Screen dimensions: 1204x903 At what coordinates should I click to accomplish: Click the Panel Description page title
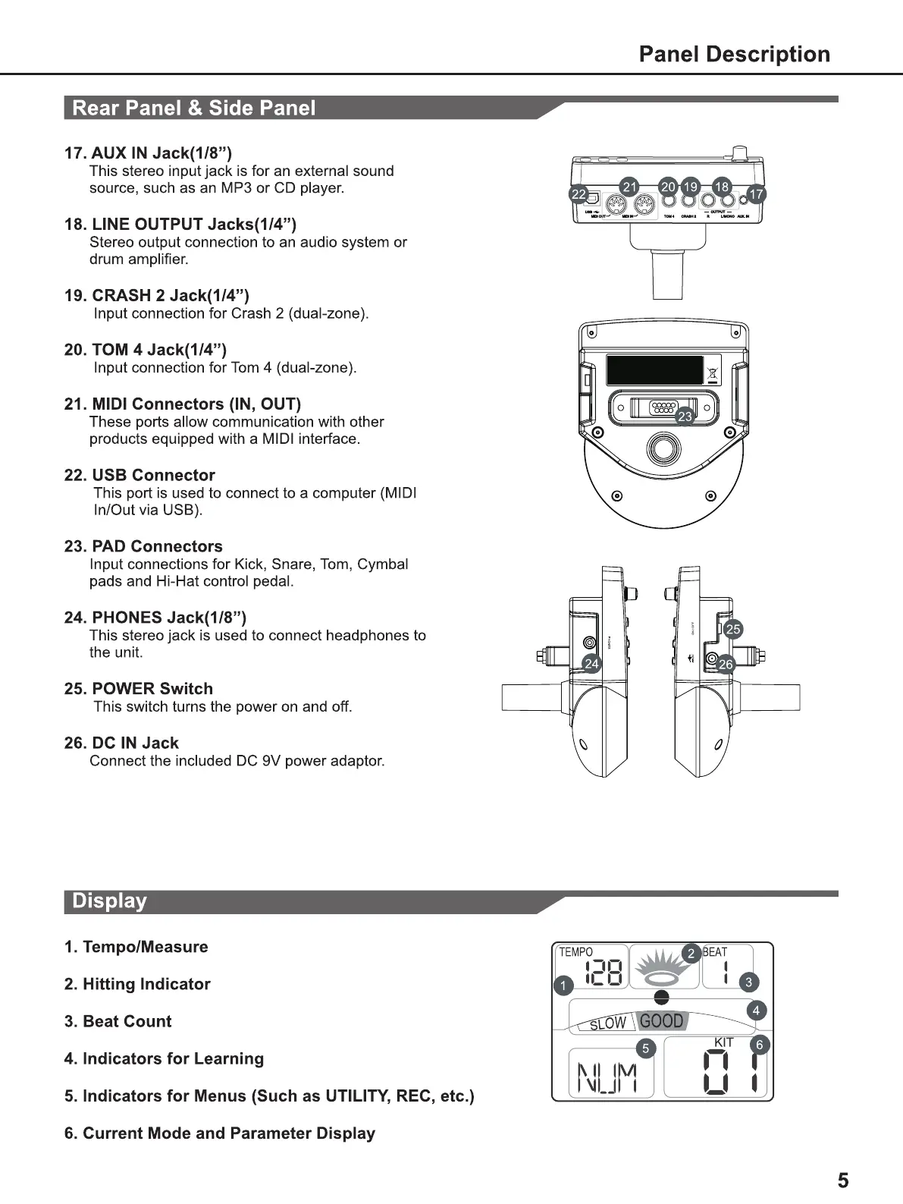coord(734,54)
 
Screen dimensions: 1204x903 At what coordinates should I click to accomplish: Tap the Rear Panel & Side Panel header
coord(193,108)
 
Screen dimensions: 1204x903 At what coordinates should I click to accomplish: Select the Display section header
coord(109,901)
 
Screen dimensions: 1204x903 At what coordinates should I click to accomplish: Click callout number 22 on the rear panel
coord(578,195)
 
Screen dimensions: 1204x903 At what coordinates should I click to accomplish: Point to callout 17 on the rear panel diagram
coord(756,195)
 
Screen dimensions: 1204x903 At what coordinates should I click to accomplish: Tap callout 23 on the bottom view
coord(685,417)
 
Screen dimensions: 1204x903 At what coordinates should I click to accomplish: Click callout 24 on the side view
coord(591,664)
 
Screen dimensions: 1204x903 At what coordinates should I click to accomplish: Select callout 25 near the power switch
coord(732,629)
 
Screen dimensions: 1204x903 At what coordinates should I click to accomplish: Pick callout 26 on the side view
coord(726,665)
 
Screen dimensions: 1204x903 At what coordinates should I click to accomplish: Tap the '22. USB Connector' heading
coord(140,475)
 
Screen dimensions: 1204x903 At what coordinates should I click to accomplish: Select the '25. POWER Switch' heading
coord(138,689)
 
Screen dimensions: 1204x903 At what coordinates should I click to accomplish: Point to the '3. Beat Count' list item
coord(118,1021)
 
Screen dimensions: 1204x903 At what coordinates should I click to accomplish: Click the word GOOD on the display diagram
coord(661,1021)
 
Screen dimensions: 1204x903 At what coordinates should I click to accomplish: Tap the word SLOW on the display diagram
coord(607,1024)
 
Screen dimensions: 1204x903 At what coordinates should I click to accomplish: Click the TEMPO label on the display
coord(575,952)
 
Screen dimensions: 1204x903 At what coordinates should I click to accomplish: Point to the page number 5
coord(843,1180)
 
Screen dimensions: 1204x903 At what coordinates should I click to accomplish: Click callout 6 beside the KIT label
coord(759,1045)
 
